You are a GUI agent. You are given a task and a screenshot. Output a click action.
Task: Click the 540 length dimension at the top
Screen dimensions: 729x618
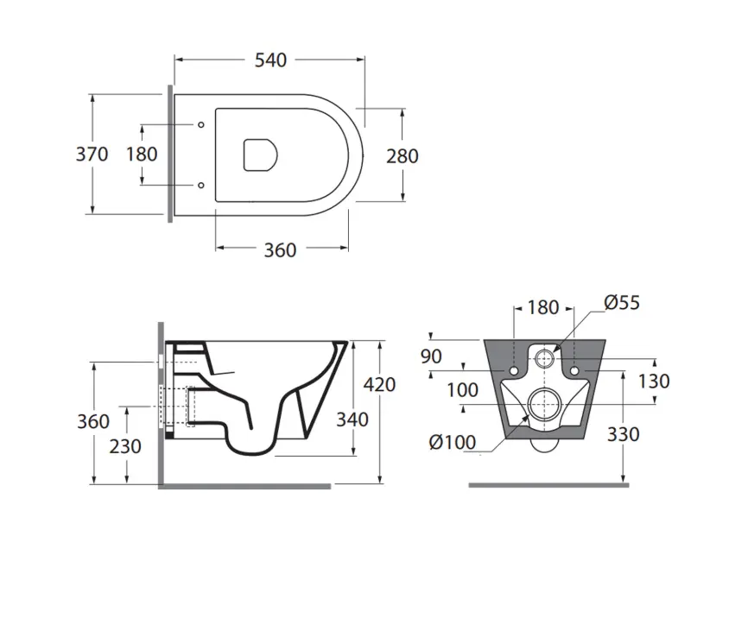(x=270, y=60)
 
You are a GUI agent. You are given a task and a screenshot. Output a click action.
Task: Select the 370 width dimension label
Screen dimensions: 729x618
(x=92, y=154)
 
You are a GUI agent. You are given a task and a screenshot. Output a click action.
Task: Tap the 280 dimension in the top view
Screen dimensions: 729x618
(x=403, y=156)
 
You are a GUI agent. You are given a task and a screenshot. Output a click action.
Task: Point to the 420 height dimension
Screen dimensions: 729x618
(x=379, y=385)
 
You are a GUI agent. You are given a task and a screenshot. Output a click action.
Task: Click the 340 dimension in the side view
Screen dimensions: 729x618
(x=352, y=419)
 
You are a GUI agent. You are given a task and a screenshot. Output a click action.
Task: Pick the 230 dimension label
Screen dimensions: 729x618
(x=125, y=446)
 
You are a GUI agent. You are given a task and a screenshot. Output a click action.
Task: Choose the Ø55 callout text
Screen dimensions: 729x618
(x=622, y=302)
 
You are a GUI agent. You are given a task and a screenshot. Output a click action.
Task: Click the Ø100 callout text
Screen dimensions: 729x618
(x=453, y=443)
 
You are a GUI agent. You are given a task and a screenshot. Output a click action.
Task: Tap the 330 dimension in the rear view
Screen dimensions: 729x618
(x=623, y=434)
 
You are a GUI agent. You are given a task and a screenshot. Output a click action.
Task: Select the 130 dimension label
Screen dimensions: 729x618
(x=653, y=382)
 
